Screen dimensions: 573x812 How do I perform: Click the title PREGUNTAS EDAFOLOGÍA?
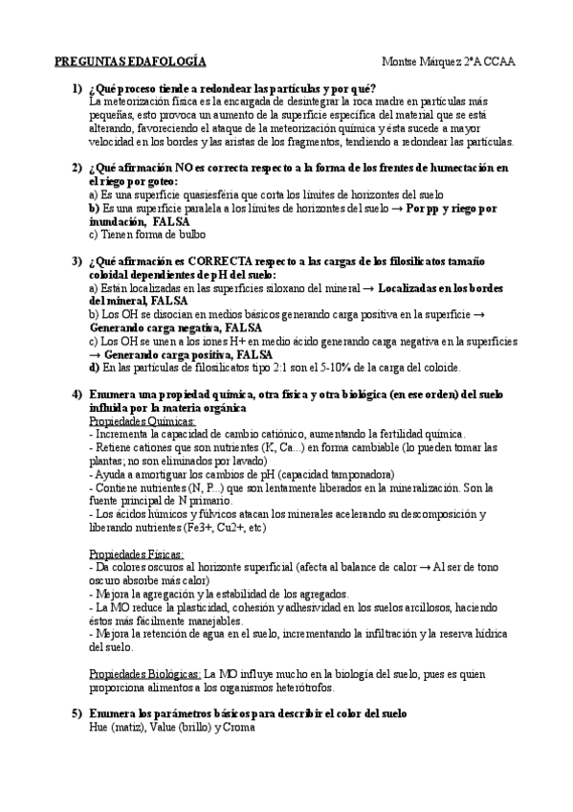130,61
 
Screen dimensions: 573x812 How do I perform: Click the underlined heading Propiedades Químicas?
142,420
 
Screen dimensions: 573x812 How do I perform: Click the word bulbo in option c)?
190,234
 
